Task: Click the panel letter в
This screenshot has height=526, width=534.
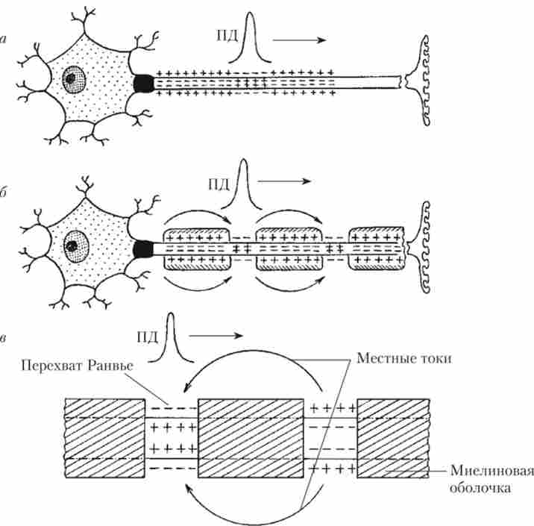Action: (x=5, y=340)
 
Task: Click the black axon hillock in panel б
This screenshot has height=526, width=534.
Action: (x=142, y=248)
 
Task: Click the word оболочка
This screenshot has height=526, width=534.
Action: (x=482, y=489)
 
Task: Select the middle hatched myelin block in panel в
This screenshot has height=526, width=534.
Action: (x=251, y=438)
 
